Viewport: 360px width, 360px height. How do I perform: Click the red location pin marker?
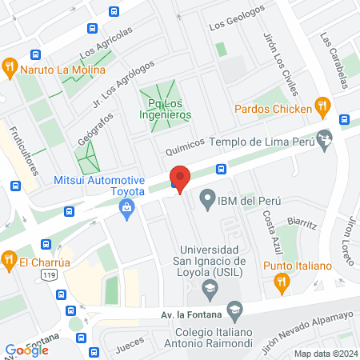pos(180,178)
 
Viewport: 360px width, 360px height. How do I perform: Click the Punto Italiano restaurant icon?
pos(282,281)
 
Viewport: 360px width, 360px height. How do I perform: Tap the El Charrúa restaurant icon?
pos(10,259)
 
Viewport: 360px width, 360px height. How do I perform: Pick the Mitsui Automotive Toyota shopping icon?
pos(126,208)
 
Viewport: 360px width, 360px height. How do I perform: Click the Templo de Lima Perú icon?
pos(325,140)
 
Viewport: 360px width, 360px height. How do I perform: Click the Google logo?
pos(26,350)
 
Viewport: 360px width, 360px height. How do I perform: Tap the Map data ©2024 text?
pos(325,354)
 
